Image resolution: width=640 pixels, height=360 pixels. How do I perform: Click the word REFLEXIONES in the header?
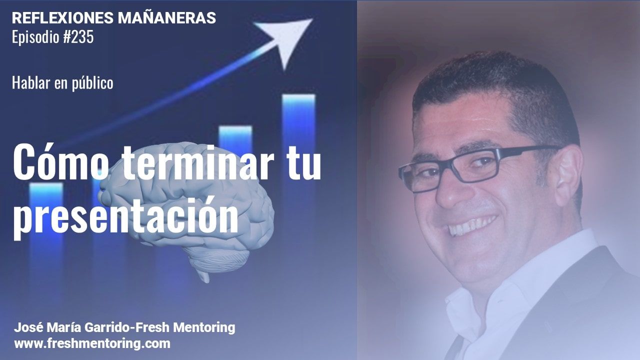coord(62,18)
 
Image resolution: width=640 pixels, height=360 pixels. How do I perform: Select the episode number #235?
coord(78,37)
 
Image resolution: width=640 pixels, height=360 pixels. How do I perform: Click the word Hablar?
coord(31,82)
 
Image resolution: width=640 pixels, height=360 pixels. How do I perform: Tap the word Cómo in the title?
coord(60,162)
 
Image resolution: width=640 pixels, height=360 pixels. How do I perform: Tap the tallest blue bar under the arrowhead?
coord(299,137)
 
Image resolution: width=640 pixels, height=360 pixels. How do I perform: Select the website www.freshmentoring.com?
coord(92,343)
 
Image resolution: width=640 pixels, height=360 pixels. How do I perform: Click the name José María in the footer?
coord(47,327)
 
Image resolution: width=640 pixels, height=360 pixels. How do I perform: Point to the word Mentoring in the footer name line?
coord(204,327)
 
